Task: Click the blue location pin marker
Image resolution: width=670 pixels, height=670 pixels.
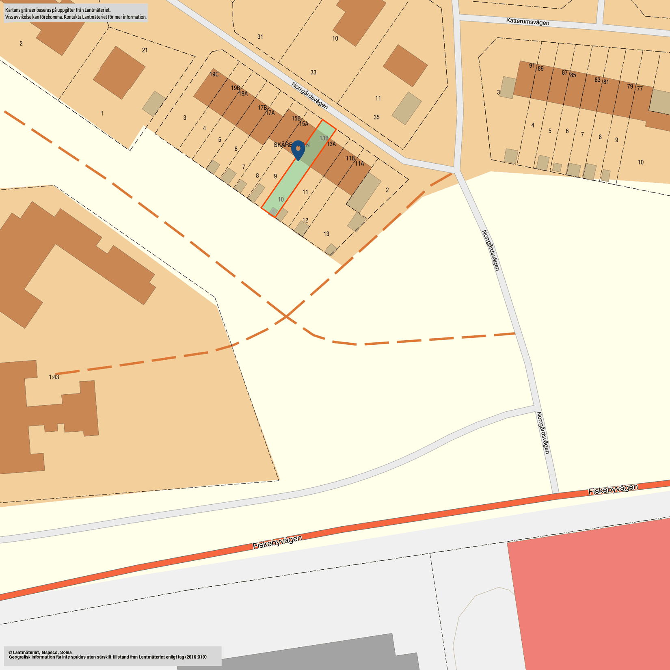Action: [x=298, y=149]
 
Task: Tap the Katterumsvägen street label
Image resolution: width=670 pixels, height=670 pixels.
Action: [x=527, y=22]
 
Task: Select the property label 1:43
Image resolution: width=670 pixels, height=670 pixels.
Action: [x=54, y=377]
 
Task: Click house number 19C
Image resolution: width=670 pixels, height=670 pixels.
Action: [x=214, y=74]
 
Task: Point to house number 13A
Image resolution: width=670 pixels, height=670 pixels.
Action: [x=331, y=144]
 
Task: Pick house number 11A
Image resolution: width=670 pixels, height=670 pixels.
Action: [x=359, y=164]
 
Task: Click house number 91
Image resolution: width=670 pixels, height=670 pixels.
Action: [x=532, y=65]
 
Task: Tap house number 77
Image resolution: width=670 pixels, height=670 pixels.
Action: [x=640, y=89]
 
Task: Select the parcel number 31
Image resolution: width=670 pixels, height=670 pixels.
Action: [x=260, y=37]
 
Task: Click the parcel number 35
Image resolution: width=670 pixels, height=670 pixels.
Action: [x=376, y=117]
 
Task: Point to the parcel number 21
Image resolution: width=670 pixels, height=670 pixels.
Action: [x=145, y=50]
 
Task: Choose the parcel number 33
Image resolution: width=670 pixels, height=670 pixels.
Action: [x=313, y=72]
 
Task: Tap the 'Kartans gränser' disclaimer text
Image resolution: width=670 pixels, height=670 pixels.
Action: [x=76, y=13]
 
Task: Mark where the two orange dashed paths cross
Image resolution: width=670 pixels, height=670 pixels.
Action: [x=287, y=316]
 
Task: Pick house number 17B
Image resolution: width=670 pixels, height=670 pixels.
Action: [x=262, y=108]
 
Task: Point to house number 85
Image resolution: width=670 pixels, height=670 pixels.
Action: [x=573, y=75]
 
